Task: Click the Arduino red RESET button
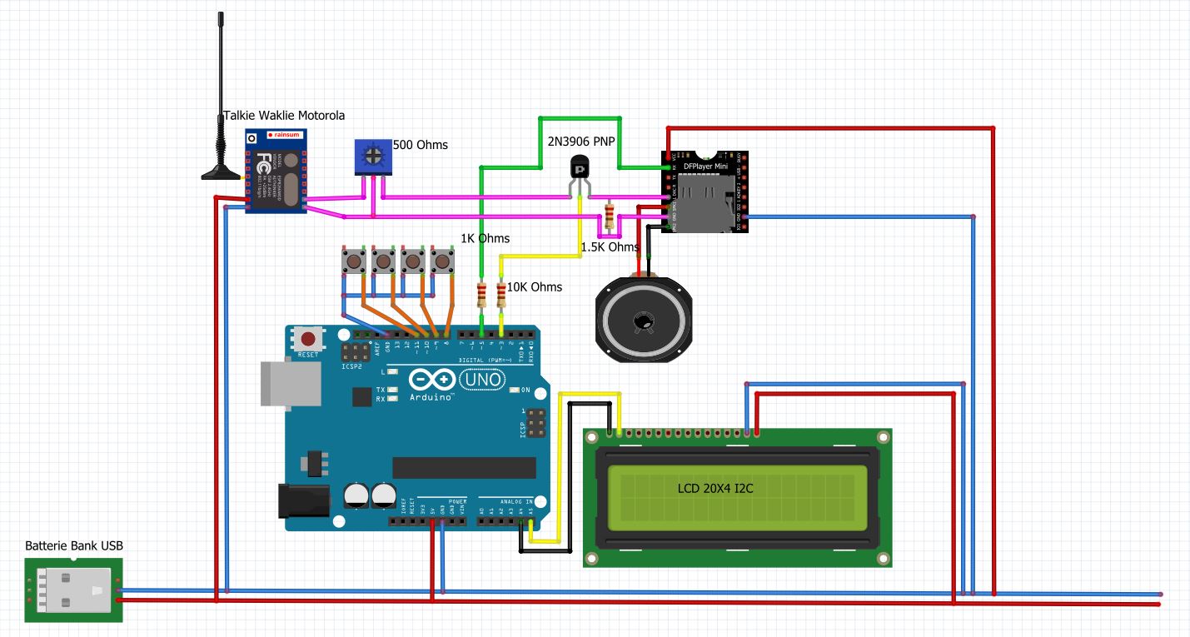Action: click(309, 339)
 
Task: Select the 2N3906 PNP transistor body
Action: click(580, 167)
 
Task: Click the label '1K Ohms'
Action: click(485, 238)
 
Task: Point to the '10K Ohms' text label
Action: click(535, 287)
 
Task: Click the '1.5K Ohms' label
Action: click(610, 247)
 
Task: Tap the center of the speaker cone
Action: click(642, 321)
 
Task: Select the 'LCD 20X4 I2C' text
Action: click(714, 489)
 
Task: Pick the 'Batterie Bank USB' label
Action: click(74, 546)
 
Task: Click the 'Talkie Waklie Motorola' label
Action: click(284, 116)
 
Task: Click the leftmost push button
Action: click(354, 262)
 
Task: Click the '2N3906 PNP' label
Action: click(580, 142)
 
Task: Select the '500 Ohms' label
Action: click(420, 145)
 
